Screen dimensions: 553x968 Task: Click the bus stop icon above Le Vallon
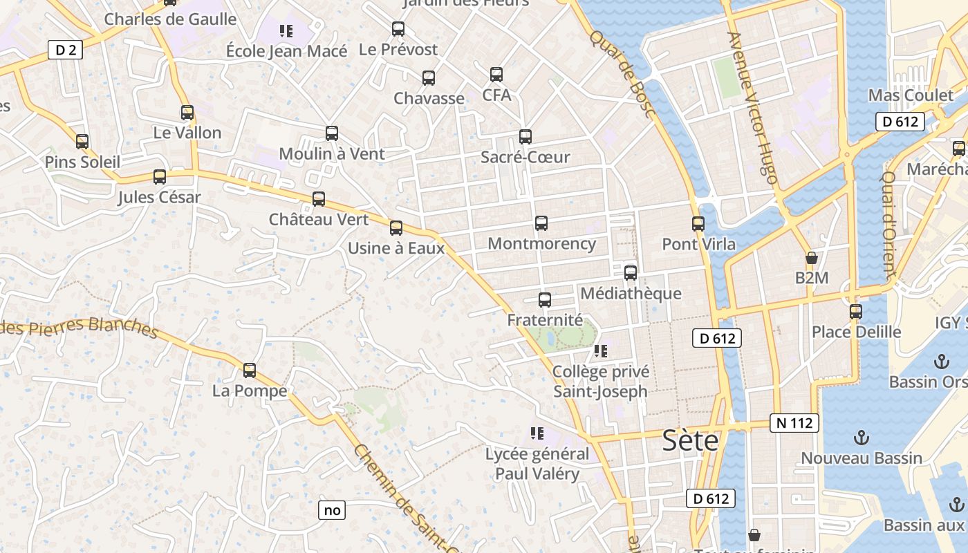(x=187, y=113)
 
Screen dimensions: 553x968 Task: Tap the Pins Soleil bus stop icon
(x=82, y=142)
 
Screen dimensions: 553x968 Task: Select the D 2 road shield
(x=65, y=50)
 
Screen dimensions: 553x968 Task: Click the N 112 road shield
(x=794, y=423)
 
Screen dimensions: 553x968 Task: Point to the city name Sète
(x=691, y=440)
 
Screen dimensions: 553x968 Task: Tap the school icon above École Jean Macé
(x=286, y=31)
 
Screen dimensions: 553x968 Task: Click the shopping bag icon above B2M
(x=812, y=259)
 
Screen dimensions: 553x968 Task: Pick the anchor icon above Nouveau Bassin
(x=861, y=438)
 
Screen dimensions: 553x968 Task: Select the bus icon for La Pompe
(x=250, y=371)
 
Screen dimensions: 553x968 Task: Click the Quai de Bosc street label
(x=622, y=73)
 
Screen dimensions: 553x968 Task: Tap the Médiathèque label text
(x=631, y=293)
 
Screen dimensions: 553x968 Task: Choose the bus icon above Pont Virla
(x=698, y=224)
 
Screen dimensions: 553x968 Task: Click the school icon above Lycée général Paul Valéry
(x=537, y=434)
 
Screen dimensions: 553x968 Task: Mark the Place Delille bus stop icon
(x=856, y=312)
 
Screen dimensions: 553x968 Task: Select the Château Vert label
(x=319, y=220)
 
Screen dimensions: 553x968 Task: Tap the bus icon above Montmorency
(x=541, y=223)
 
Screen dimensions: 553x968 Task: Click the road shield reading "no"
(x=332, y=510)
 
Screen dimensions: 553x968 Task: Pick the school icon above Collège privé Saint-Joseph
(x=601, y=351)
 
